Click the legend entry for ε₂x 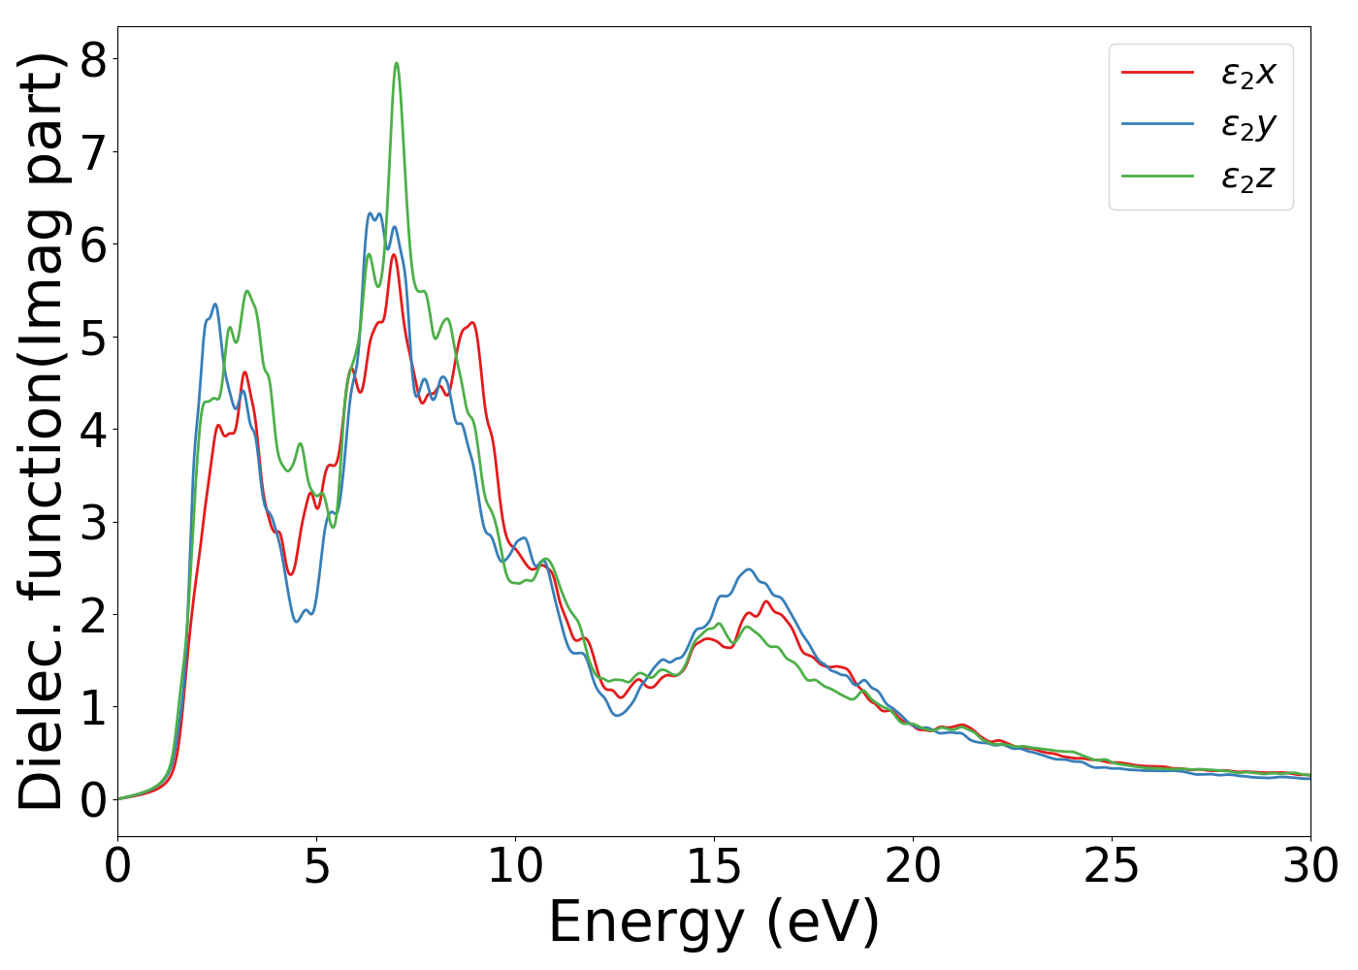tap(1248, 73)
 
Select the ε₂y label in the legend tap(1248, 125)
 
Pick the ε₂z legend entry tap(1248, 177)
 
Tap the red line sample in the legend tap(1157, 72)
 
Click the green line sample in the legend tap(1157, 176)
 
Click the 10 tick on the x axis tap(515, 866)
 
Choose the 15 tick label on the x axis tap(714, 866)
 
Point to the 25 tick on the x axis tap(1112, 866)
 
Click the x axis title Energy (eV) tap(714, 921)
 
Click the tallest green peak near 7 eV tap(396, 63)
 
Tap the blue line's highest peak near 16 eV tap(749, 569)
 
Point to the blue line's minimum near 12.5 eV tap(617, 716)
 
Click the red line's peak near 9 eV tap(472, 322)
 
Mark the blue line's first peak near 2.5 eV tap(214, 304)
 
